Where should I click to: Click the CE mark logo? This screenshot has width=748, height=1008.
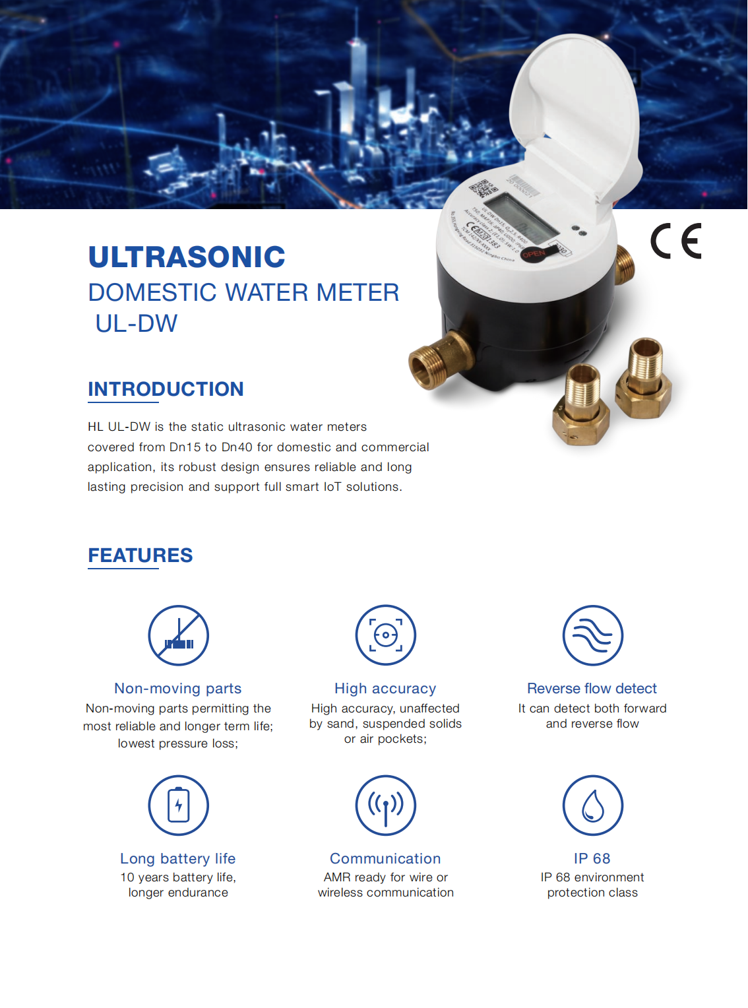click(x=676, y=241)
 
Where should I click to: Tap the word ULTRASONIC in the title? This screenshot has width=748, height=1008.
click(x=187, y=257)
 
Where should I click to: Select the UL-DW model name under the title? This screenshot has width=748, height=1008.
click(x=137, y=324)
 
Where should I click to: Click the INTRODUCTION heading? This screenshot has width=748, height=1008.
click(x=166, y=389)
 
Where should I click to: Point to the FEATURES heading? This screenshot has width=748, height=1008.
click(x=140, y=555)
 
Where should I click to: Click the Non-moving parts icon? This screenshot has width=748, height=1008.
click(x=178, y=635)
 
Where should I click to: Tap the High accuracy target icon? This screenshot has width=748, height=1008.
click(x=385, y=635)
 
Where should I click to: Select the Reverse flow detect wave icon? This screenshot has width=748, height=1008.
click(x=592, y=635)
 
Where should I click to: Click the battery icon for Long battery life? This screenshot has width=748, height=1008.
click(x=178, y=805)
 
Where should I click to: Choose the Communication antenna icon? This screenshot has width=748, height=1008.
click(x=385, y=805)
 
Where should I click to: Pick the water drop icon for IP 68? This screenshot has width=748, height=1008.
click(x=592, y=805)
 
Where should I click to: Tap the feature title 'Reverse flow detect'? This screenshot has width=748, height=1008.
click(x=592, y=689)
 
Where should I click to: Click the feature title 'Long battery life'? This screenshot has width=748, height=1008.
click(x=177, y=859)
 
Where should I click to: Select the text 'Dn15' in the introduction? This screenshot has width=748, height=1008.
click(x=185, y=447)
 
